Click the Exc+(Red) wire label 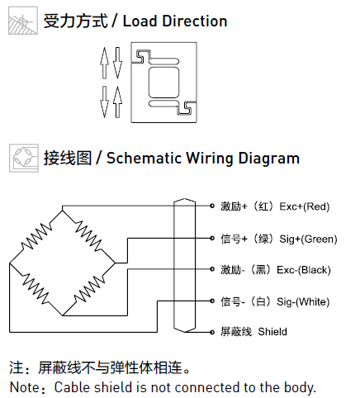pos(305,206)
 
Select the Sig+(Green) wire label pos(308,239)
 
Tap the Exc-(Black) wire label pos(304,270)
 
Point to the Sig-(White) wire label pos(303,302)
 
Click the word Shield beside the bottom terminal pos(272,332)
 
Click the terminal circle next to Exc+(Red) pos(212,206)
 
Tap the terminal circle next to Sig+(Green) pos(212,238)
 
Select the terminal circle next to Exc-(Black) pos(212,269)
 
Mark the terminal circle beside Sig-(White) pos(212,301)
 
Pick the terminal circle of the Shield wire pos(212,332)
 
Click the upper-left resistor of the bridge pos(36,236)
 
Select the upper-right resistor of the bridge pos(88,236)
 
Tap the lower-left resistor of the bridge pos(36,288)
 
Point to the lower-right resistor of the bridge pos(89,289)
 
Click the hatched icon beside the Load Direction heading pos(23,21)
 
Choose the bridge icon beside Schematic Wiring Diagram pos(24,158)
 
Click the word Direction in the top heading pos(195,21)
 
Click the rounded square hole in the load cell pos(163,83)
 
